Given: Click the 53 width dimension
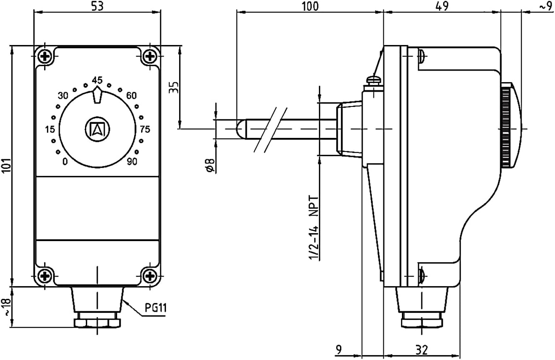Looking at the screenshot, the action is [x=97, y=6].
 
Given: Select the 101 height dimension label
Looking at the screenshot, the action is [x=6, y=166].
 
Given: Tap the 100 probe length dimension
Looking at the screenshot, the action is [x=310, y=6].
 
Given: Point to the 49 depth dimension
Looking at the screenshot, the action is [x=442, y=6].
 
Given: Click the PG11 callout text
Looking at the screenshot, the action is [x=156, y=308].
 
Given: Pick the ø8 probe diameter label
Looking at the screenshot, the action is [x=210, y=165].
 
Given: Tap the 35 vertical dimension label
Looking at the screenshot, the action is [x=173, y=87].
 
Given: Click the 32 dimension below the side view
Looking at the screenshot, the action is [x=421, y=350].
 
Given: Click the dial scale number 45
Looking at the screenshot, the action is [x=97, y=80].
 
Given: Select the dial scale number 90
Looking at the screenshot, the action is [x=132, y=162].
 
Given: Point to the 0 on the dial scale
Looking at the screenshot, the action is [x=65, y=162].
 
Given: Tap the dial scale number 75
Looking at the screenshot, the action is [x=145, y=129].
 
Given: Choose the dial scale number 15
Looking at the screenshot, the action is [x=50, y=129].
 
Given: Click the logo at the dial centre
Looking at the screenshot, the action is [x=97, y=129].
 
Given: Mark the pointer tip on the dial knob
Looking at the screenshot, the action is [x=97, y=87].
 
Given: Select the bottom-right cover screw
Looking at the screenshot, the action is [x=150, y=276].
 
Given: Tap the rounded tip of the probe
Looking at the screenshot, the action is [x=240, y=129].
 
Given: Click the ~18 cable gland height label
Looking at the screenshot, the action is [x=7, y=307].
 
